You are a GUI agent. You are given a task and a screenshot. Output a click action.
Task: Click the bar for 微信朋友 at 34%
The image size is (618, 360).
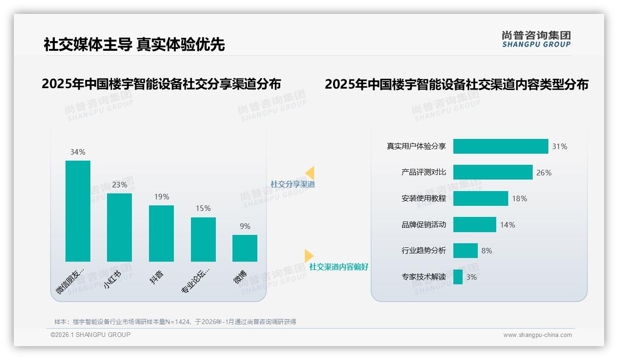[x=78, y=211]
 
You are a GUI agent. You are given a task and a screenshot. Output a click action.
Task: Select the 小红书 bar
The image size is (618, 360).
[x=119, y=228]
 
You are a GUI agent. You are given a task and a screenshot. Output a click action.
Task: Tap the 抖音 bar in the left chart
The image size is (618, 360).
[x=161, y=234]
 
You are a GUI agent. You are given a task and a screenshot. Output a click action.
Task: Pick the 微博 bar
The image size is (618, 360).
[x=245, y=248]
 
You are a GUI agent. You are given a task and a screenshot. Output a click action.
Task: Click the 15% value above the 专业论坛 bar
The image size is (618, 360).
[x=203, y=209]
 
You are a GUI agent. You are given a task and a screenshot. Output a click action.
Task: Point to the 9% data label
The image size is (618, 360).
[x=245, y=226]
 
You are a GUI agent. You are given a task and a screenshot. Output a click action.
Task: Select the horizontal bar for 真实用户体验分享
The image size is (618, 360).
[x=500, y=146]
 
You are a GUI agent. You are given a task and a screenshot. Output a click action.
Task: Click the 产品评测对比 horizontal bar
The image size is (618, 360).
[x=493, y=172]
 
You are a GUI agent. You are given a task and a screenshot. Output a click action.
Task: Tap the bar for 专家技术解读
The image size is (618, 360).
[x=458, y=277]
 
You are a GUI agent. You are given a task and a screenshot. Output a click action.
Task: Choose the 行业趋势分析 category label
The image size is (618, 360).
[x=424, y=251]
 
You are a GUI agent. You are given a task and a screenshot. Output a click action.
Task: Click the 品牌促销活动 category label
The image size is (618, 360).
[x=424, y=225]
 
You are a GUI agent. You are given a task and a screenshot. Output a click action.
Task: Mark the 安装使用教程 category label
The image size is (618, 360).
[x=424, y=198]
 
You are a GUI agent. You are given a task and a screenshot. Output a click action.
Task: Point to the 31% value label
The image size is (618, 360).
[x=560, y=147]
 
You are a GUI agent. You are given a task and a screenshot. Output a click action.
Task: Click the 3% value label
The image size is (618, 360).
[x=471, y=277]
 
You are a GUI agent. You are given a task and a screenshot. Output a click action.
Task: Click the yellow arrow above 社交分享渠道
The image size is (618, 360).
[x=310, y=173]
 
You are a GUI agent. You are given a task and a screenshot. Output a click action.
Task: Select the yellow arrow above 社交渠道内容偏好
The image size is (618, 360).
[x=309, y=256]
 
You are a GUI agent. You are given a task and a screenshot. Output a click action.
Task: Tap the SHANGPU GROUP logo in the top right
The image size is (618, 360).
[x=536, y=39]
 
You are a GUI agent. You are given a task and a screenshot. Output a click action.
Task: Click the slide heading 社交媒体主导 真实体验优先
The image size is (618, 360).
[x=134, y=45]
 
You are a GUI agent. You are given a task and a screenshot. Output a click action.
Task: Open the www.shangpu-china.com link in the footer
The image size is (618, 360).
[x=537, y=335]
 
